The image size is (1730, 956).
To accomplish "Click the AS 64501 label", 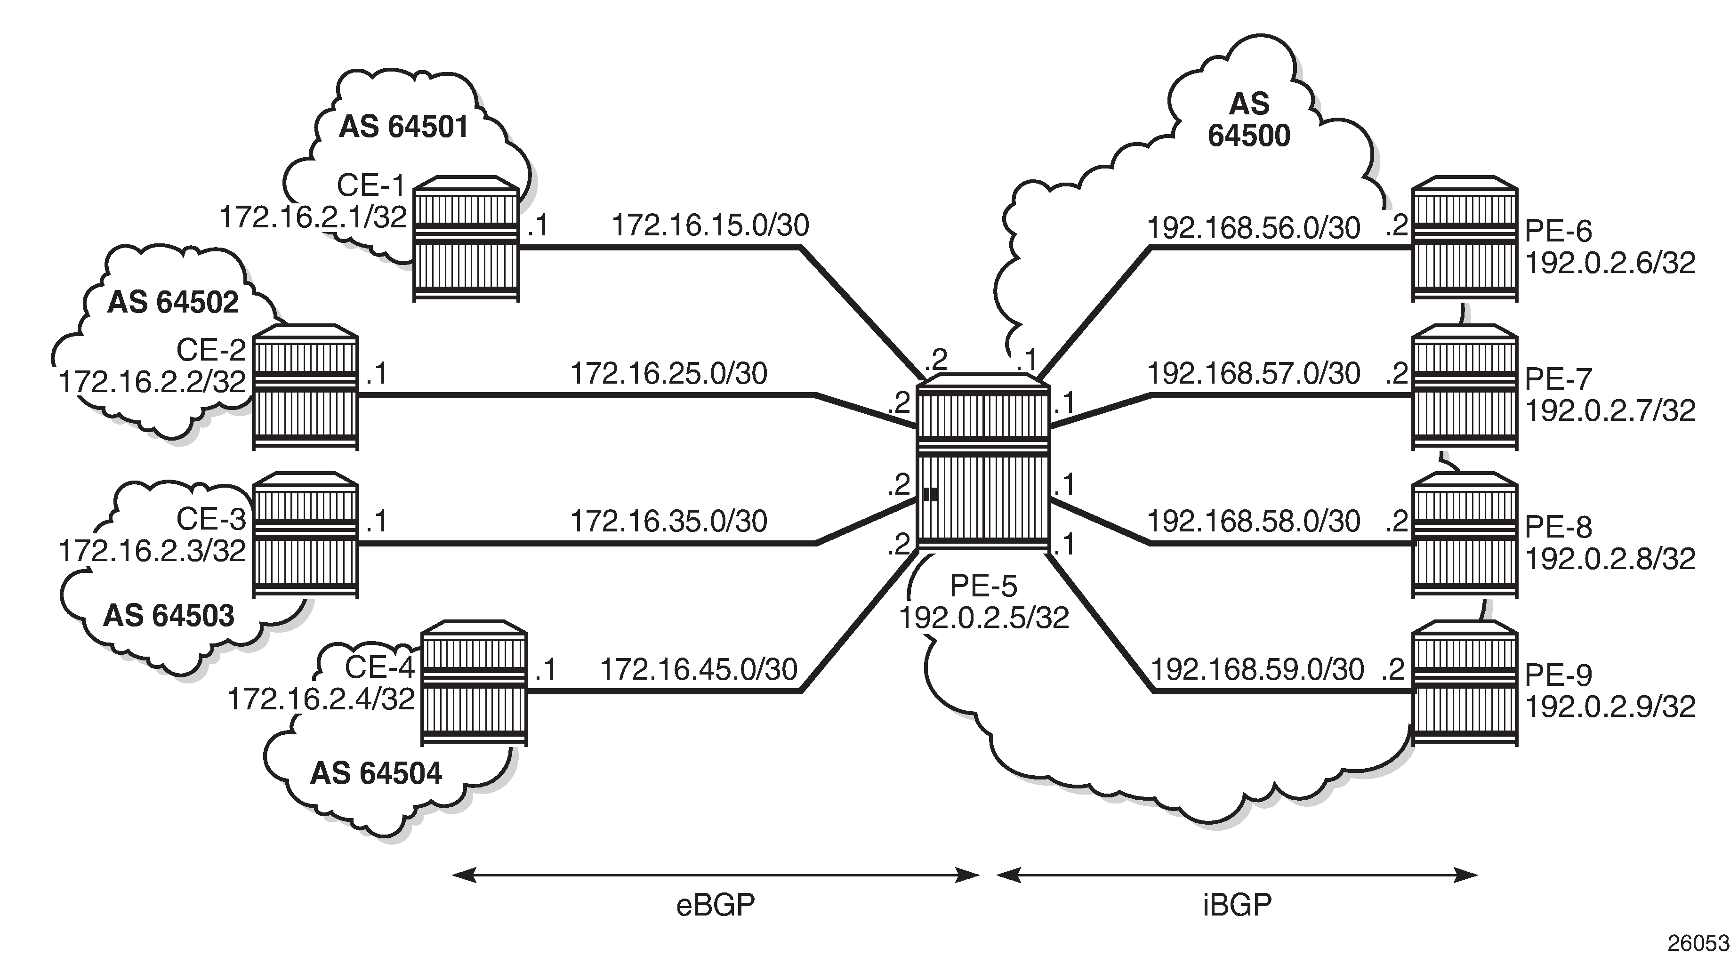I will pos(403,127).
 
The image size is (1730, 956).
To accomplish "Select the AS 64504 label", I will pos(376,773).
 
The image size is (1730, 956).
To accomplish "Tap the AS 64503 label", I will pos(169,616).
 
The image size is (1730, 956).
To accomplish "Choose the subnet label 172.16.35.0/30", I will pos(669,522).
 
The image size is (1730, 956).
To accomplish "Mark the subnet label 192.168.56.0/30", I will pos(1253,228).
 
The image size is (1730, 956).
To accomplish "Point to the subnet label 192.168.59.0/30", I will pos(1257,669).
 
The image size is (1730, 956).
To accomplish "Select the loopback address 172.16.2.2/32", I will pos(153,382).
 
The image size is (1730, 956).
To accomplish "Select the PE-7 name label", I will pos(1558,380).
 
